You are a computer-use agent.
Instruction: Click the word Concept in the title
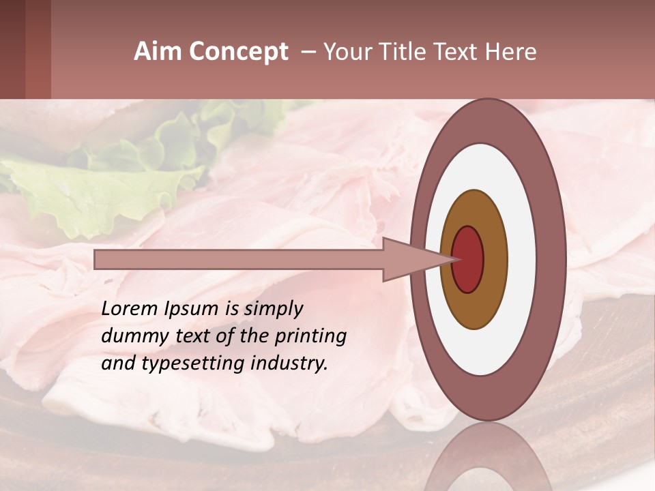239,52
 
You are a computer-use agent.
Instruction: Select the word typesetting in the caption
198,364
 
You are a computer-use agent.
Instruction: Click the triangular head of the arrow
409,260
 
